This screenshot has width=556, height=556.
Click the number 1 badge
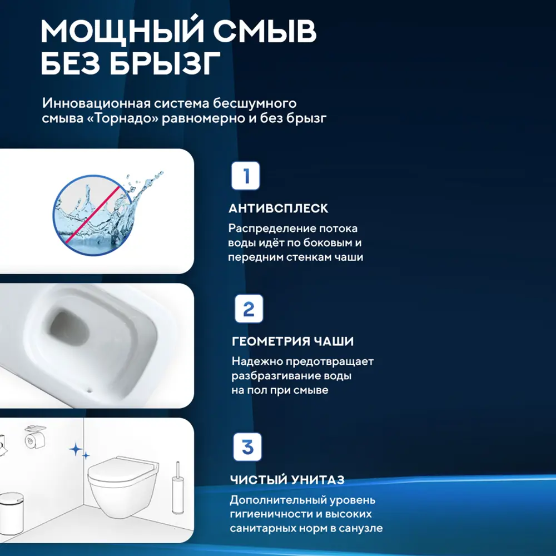pyautogui.click(x=245, y=176)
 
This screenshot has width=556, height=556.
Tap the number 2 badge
pyautogui.click(x=248, y=309)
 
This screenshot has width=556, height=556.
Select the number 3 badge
pyautogui.click(x=247, y=446)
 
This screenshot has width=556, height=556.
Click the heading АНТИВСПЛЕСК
pyautogui.click(x=278, y=209)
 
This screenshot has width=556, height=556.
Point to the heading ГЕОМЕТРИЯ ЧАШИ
pyautogui.click(x=292, y=341)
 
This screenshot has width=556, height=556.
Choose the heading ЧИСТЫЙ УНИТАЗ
pyautogui.click(x=287, y=479)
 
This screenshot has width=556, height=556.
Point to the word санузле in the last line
pyautogui.click(x=360, y=528)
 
